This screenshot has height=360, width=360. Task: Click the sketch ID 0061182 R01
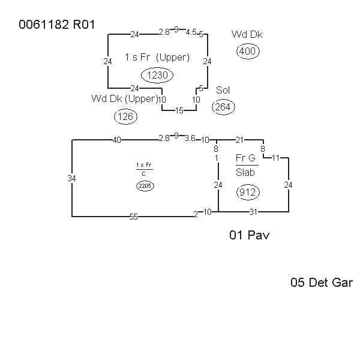click(x=56, y=25)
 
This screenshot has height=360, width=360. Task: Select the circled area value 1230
click(x=157, y=75)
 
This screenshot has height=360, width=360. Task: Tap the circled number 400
click(x=247, y=52)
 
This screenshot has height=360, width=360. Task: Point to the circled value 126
click(x=125, y=116)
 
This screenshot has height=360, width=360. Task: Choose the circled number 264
click(x=223, y=107)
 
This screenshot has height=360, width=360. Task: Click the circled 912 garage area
click(x=247, y=192)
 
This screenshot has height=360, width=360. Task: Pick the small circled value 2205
click(x=145, y=186)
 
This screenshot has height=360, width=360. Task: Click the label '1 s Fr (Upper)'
click(x=157, y=58)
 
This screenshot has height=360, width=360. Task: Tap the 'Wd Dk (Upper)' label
click(x=124, y=98)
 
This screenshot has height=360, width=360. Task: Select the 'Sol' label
click(x=223, y=90)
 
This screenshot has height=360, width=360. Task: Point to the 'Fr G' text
click(x=245, y=158)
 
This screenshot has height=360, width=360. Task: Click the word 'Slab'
click(x=247, y=173)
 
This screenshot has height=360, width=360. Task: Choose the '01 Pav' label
click(x=249, y=235)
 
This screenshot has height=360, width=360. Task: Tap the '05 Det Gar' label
click(x=321, y=283)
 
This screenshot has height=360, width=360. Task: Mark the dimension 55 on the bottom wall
click(x=133, y=217)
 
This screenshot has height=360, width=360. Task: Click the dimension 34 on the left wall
click(x=72, y=178)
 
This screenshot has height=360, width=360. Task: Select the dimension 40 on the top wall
click(x=116, y=140)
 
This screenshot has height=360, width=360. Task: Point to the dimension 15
click(x=179, y=110)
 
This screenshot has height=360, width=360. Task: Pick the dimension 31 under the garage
click(x=253, y=212)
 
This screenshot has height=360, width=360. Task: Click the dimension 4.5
click(x=191, y=32)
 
